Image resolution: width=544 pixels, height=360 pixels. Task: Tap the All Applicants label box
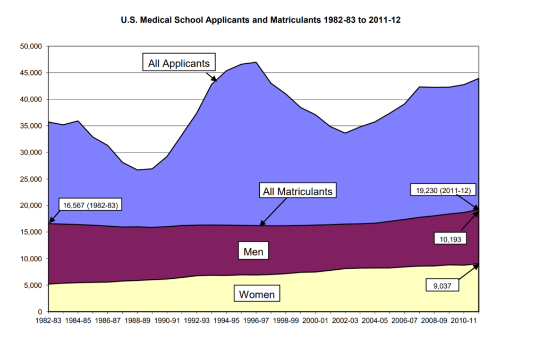click(179, 63)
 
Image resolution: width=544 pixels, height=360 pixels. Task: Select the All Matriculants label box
click(298, 191)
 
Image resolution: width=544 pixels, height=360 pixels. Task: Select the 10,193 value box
click(450, 238)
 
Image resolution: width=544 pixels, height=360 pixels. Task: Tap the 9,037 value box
click(443, 285)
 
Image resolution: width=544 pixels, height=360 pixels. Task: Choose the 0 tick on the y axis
click(40, 312)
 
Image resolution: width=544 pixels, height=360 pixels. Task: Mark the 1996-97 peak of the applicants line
click(256, 62)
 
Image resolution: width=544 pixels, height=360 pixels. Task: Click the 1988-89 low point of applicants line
click(138, 170)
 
